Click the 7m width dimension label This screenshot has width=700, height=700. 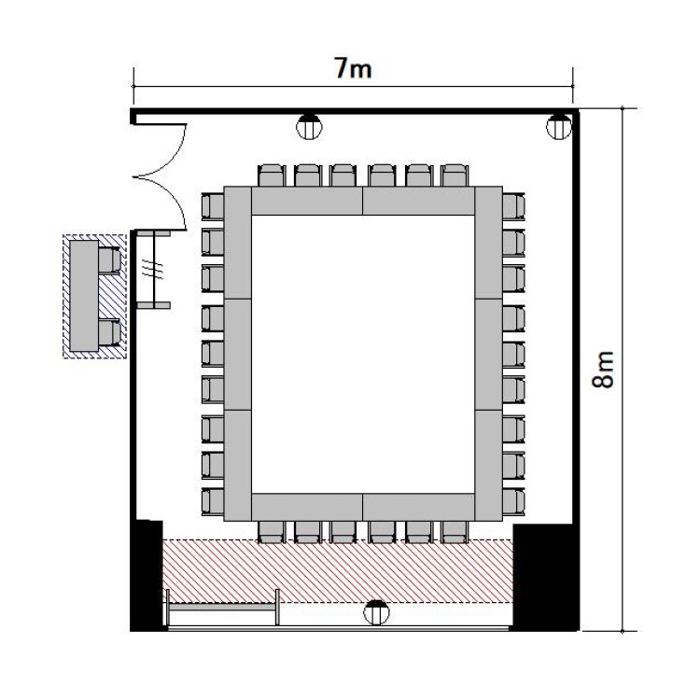(x=353, y=69)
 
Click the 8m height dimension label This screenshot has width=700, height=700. (x=603, y=369)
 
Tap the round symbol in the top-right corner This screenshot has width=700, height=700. (x=558, y=127)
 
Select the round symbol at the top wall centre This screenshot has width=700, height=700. (x=309, y=127)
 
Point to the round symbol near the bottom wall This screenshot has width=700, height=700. (x=376, y=612)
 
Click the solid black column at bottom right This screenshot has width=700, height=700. (x=545, y=577)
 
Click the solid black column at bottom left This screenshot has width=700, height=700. (x=147, y=576)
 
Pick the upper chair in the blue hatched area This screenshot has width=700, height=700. (x=109, y=260)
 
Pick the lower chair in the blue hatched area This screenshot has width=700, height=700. (x=109, y=333)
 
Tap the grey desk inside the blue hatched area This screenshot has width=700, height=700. (x=84, y=296)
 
